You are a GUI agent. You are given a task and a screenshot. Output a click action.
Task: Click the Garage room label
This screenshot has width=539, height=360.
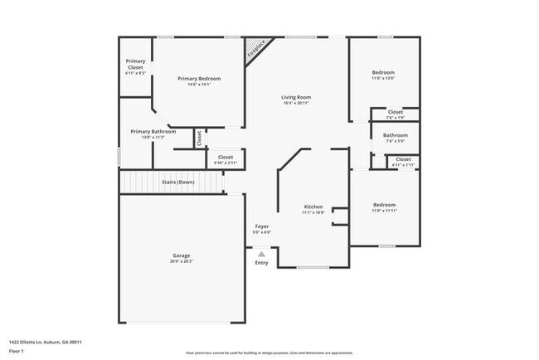click(182, 255)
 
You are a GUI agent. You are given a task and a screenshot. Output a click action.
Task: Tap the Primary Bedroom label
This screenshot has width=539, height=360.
click(199, 79)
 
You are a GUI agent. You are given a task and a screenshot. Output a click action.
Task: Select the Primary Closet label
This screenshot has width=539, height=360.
click(135, 64)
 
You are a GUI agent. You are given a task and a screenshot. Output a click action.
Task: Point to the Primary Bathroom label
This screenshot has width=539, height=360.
click(153, 131)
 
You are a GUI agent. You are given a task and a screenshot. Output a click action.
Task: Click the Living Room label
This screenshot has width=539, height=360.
click(296, 98)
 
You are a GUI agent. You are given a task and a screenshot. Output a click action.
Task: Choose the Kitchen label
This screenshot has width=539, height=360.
click(313, 206)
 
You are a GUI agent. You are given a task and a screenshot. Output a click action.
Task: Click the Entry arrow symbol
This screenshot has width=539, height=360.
click(262, 254)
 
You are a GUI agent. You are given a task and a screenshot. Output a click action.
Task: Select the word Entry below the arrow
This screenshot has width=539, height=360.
click(262, 263)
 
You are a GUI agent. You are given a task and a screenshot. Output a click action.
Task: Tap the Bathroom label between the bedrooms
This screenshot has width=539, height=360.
click(395, 135)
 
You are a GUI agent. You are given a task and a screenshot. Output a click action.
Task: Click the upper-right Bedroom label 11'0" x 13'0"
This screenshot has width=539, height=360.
click(383, 73)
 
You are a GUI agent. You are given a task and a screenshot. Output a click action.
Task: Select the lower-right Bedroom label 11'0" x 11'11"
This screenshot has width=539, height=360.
click(384, 205)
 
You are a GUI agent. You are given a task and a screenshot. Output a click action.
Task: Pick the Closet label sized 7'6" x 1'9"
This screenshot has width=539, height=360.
click(396, 112)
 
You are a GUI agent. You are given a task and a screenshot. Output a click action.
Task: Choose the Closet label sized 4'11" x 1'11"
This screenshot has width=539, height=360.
click(403, 159)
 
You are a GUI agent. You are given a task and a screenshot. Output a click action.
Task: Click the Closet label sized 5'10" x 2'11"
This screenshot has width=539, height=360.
click(226, 157)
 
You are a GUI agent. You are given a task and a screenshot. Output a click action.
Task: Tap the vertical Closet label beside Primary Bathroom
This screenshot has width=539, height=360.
click(199, 138)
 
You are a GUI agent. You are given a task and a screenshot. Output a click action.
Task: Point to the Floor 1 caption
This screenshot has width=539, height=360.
click(17, 350)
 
